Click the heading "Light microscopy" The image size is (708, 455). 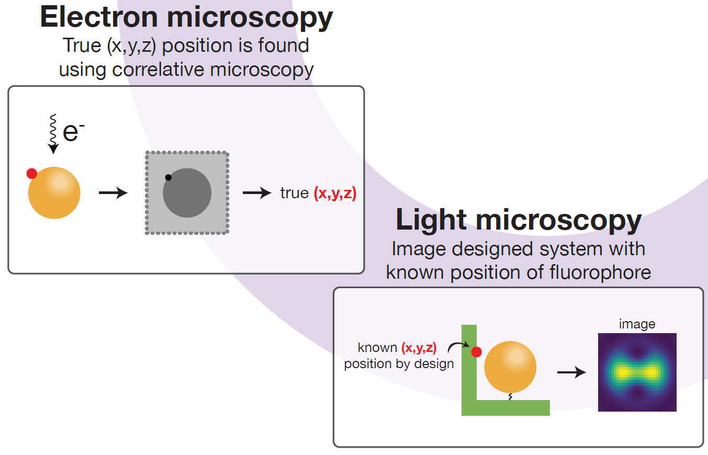519,220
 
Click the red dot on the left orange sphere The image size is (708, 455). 32,173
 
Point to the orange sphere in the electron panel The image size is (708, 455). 54,193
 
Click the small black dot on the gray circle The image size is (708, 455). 168,177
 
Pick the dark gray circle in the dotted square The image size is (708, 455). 187,193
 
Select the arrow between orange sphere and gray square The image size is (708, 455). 113,194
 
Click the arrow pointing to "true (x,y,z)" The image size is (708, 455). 257,194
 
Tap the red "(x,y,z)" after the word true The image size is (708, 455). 335,194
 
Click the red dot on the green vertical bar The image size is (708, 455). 476,352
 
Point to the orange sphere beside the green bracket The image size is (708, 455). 510,367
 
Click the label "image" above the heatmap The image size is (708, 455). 637,324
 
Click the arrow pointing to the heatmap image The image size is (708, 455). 571,372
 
